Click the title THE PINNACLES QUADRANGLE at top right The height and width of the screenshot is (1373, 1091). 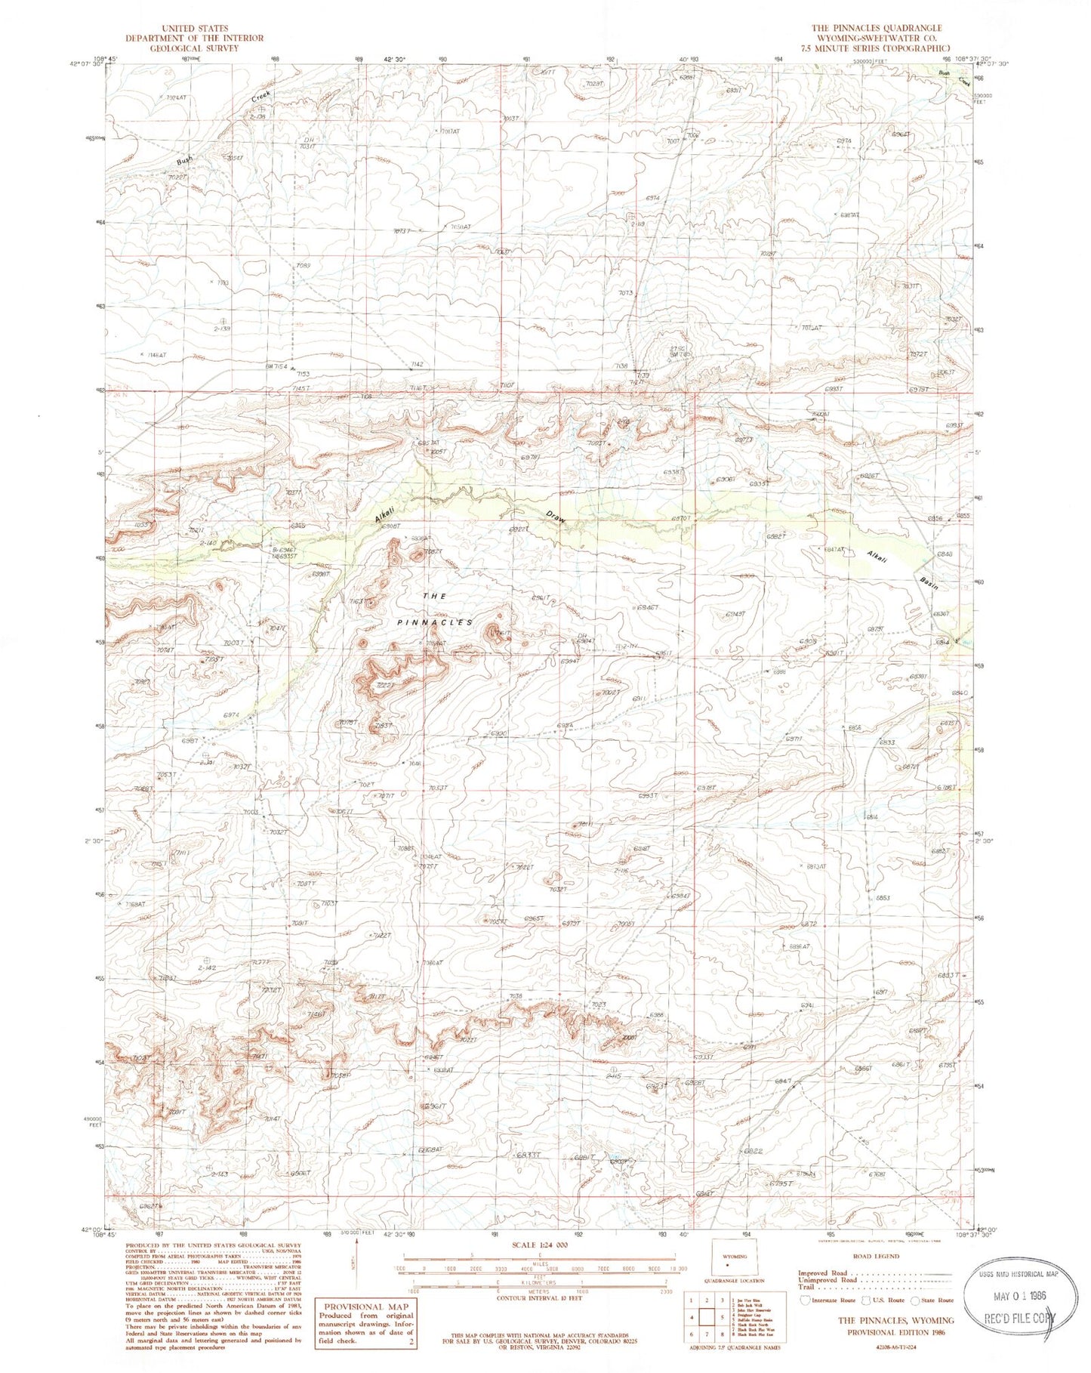[877, 28]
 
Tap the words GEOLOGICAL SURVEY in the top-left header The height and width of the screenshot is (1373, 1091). [194, 48]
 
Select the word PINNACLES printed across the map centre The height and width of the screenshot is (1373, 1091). [435, 622]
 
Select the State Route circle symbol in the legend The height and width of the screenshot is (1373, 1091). [917, 1300]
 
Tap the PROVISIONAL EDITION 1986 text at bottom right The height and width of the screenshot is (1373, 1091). [895, 1331]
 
